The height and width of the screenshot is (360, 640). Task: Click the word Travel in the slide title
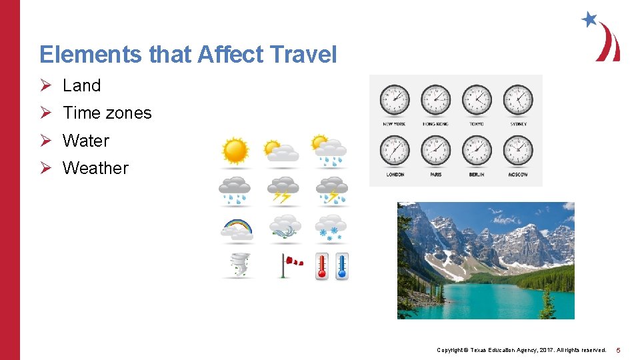point(304,55)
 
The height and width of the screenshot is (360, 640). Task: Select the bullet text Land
point(81,85)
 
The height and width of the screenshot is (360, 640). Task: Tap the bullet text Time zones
point(107,113)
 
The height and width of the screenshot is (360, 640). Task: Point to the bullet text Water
point(85,141)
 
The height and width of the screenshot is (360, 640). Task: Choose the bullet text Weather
point(95,168)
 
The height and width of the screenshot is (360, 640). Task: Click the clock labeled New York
point(395,100)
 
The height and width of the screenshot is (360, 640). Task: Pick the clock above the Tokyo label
point(477,100)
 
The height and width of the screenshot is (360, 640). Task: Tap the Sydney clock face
point(518,100)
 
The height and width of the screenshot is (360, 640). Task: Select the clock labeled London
point(395,150)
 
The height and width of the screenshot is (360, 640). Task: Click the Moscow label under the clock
point(518,175)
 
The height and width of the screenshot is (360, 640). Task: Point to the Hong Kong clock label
point(435,124)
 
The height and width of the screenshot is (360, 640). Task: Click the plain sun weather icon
point(235,151)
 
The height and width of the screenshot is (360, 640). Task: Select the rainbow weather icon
point(237,229)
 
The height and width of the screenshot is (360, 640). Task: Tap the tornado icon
point(237,265)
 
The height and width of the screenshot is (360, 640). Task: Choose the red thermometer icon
point(322,265)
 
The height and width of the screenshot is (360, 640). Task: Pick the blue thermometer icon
point(341,265)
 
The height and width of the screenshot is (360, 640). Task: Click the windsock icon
point(289,265)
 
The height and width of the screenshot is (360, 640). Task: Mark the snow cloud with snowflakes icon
point(331,229)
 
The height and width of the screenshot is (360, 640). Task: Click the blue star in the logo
point(589,19)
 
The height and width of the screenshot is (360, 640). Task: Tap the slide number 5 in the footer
point(618,350)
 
